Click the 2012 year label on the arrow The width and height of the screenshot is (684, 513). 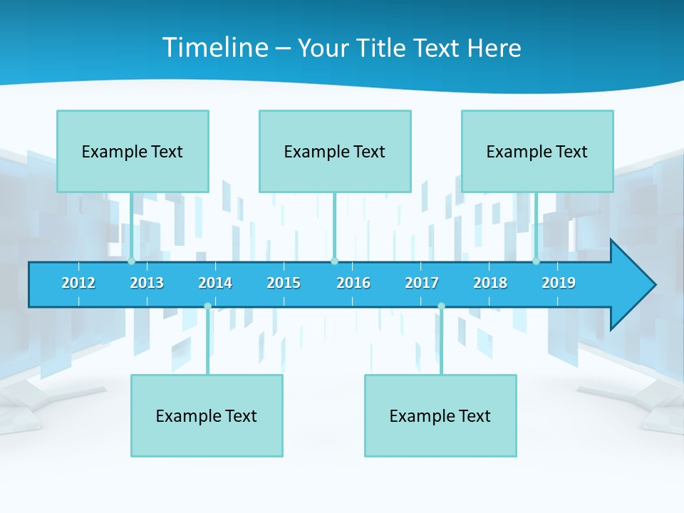(x=78, y=283)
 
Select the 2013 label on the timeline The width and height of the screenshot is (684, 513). (x=147, y=283)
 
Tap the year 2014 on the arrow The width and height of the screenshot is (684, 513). (x=215, y=283)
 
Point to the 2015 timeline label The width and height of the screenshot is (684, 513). (x=284, y=283)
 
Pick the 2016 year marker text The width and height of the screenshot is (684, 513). (x=353, y=283)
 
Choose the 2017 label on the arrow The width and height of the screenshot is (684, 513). (x=422, y=283)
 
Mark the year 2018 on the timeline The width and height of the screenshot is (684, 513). (x=490, y=283)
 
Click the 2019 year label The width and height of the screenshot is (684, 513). (x=559, y=283)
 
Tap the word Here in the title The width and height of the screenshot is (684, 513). (x=494, y=48)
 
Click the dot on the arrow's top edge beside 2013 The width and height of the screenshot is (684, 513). (x=131, y=261)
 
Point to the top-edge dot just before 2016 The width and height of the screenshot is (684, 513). (x=334, y=261)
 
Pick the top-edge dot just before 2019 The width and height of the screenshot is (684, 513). (x=536, y=261)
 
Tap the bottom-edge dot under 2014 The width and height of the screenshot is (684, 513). (x=207, y=306)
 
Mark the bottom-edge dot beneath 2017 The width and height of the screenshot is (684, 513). (x=441, y=306)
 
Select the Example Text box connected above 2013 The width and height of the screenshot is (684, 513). (x=133, y=151)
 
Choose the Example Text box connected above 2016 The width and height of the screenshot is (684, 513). (x=335, y=151)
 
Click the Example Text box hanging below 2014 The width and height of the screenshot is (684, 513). (x=207, y=415)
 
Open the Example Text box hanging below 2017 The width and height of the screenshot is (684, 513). (x=440, y=415)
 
